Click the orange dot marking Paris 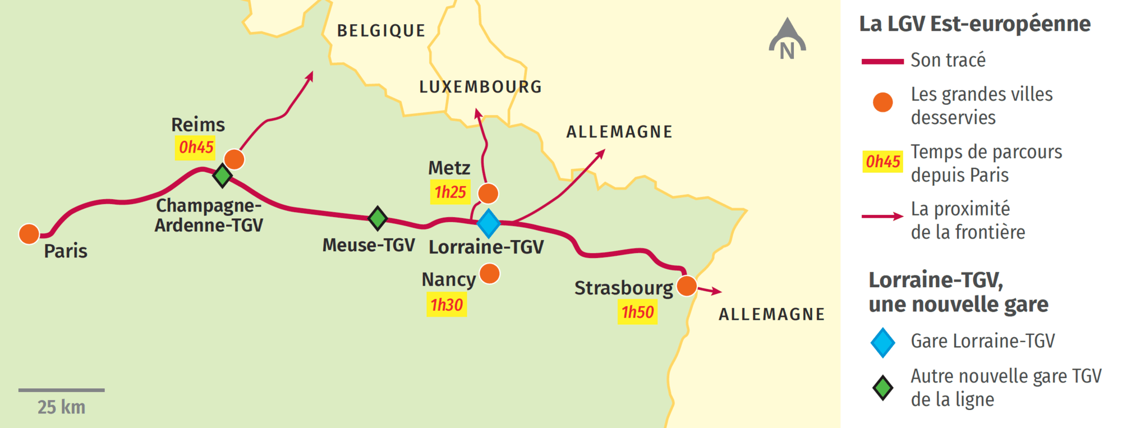click(29, 234)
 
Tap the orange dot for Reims click(234, 159)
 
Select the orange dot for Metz click(488, 194)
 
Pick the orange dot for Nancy click(490, 274)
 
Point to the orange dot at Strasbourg click(687, 286)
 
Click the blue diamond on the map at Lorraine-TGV click(489, 223)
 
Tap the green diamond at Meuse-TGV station click(378, 218)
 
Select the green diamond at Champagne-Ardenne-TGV click(223, 176)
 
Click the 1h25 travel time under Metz click(450, 192)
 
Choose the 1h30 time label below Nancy click(447, 305)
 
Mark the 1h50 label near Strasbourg click(637, 312)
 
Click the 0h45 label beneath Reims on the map click(196, 148)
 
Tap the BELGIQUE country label click(381, 31)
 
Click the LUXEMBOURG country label click(481, 87)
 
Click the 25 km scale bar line click(61, 390)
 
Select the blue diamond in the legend click(882, 342)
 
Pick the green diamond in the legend click(882, 388)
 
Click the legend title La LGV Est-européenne click(974, 24)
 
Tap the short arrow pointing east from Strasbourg click(710, 291)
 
